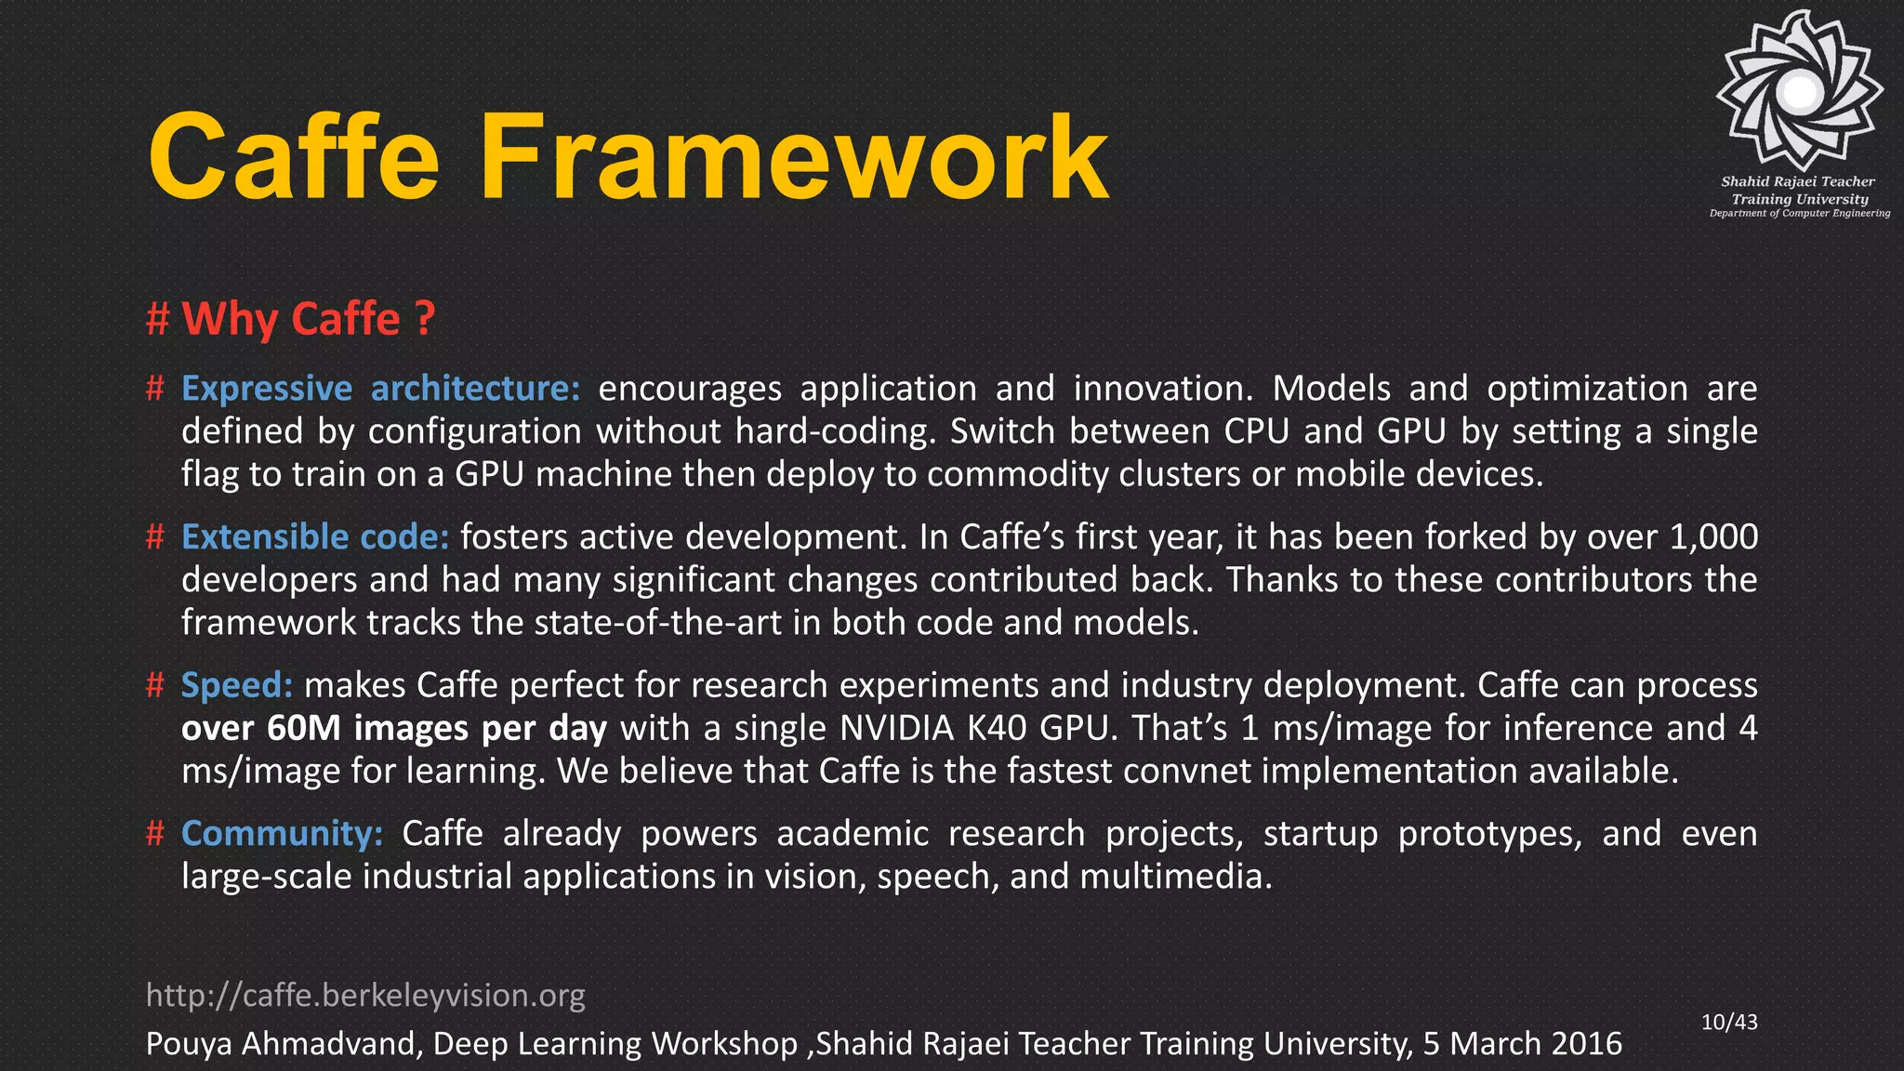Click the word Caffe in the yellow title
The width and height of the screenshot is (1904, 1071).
(293, 158)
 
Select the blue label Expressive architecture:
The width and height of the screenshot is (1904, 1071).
(380, 388)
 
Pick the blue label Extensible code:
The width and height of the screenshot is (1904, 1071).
(315, 536)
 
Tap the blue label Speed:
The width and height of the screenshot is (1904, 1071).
(237, 685)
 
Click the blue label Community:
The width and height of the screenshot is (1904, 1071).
(282, 833)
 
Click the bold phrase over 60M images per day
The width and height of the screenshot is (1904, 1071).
(393, 728)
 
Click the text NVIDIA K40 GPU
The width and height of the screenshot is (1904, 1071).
(972, 728)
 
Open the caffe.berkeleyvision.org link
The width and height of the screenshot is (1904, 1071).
(365, 996)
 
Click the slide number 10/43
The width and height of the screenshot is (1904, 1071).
(1729, 1023)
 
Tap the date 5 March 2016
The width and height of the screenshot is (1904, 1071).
(1522, 1044)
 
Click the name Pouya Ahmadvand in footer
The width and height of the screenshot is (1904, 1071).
(283, 1044)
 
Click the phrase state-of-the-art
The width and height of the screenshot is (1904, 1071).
(657, 623)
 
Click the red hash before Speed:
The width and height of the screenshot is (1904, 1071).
(155, 686)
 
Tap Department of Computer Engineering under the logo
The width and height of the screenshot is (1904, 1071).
(1799, 214)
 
